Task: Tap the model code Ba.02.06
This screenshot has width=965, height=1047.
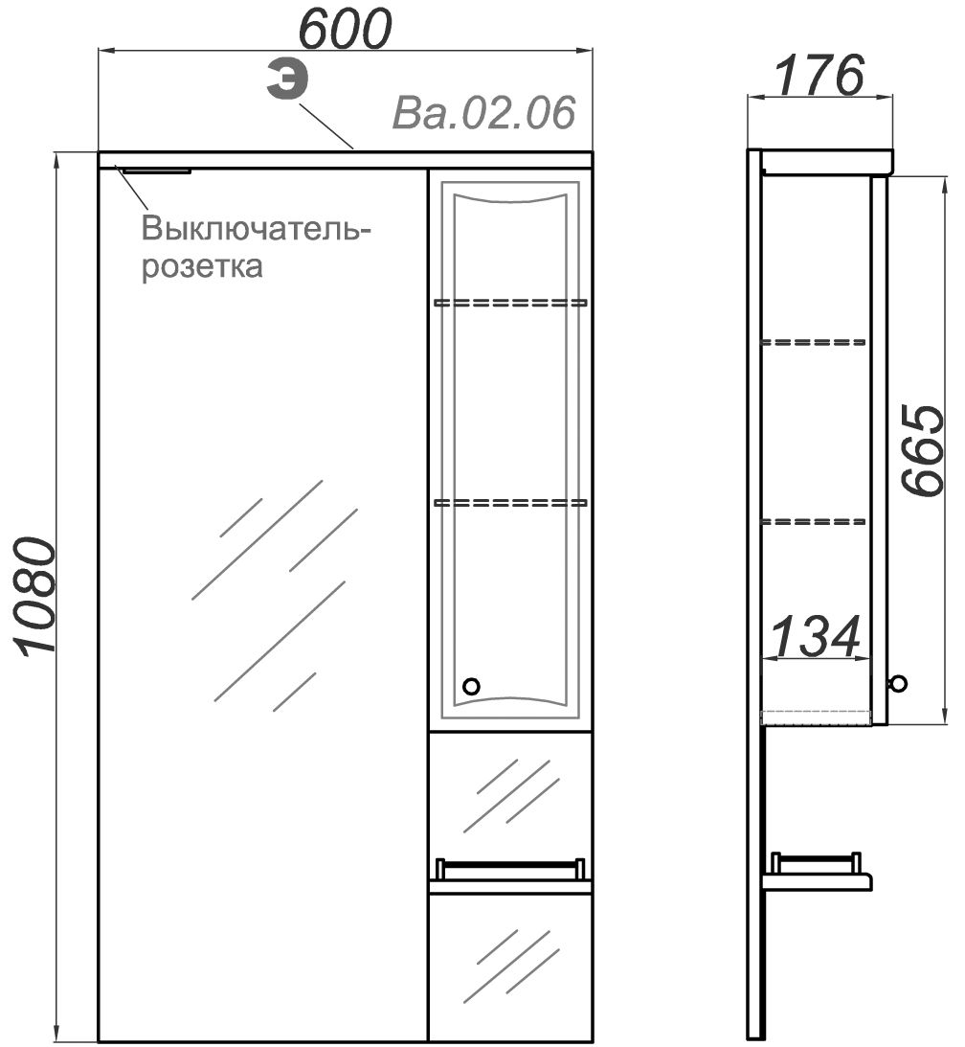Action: coord(483,112)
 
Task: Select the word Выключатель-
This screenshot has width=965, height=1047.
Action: coord(256,229)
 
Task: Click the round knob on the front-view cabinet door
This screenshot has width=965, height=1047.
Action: coord(471,686)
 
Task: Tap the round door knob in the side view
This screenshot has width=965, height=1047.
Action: coord(898,683)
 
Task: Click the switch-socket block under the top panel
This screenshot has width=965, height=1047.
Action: coord(158,171)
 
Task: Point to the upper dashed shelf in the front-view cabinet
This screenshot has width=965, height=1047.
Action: coord(510,303)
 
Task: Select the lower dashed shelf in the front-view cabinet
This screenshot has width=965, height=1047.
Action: coord(510,502)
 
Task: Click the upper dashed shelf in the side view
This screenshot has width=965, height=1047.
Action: coord(814,343)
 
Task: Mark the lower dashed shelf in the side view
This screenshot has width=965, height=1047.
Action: coord(814,521)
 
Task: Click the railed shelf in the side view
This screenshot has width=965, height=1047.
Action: coord(817,872)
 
